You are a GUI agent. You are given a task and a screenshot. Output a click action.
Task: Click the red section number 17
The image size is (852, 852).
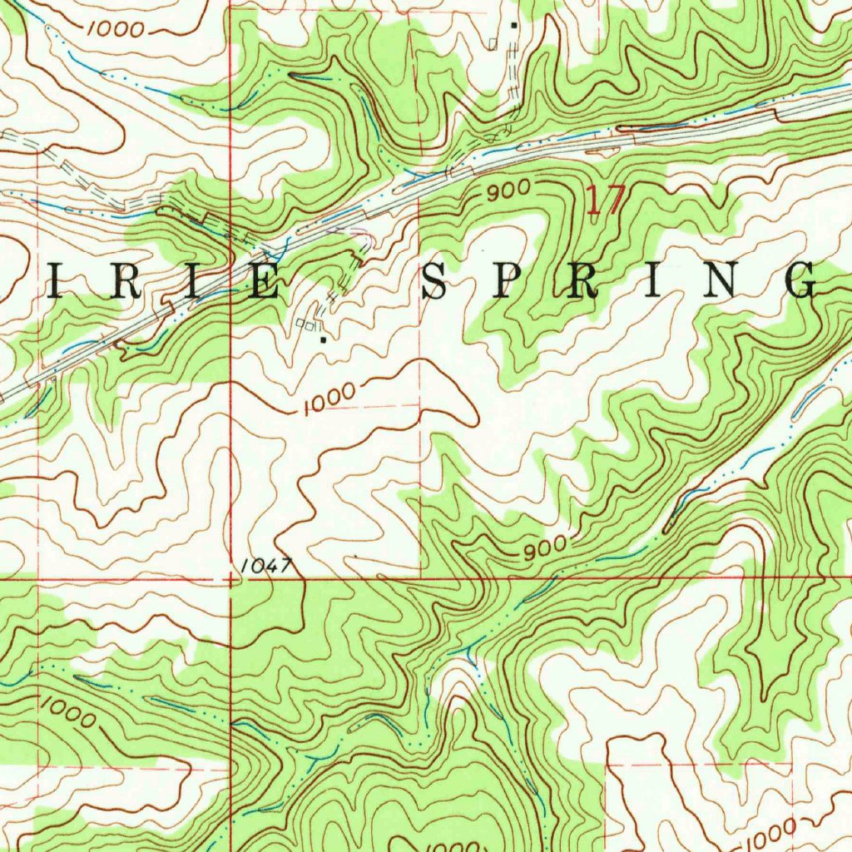(605, 201)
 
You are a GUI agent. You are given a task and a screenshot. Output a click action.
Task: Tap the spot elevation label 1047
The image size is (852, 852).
(265, 567)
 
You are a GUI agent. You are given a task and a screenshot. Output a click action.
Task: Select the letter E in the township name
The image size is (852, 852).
(265, 284)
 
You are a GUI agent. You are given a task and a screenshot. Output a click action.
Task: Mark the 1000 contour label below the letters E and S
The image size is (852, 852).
(329, 401)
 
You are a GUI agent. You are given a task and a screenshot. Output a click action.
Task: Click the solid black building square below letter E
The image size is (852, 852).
(322, 339)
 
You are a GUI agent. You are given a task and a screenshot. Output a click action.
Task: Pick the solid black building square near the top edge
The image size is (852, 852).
(514, 25)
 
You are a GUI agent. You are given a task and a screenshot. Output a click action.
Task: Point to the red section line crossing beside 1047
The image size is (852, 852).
(230, 577)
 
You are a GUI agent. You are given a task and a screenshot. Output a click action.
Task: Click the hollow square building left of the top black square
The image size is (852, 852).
(494, 42)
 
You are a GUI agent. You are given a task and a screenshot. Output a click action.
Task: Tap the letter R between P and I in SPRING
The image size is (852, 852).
(582, 283)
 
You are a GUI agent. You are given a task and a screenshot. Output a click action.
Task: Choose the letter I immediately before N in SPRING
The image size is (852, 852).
(654, 283)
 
